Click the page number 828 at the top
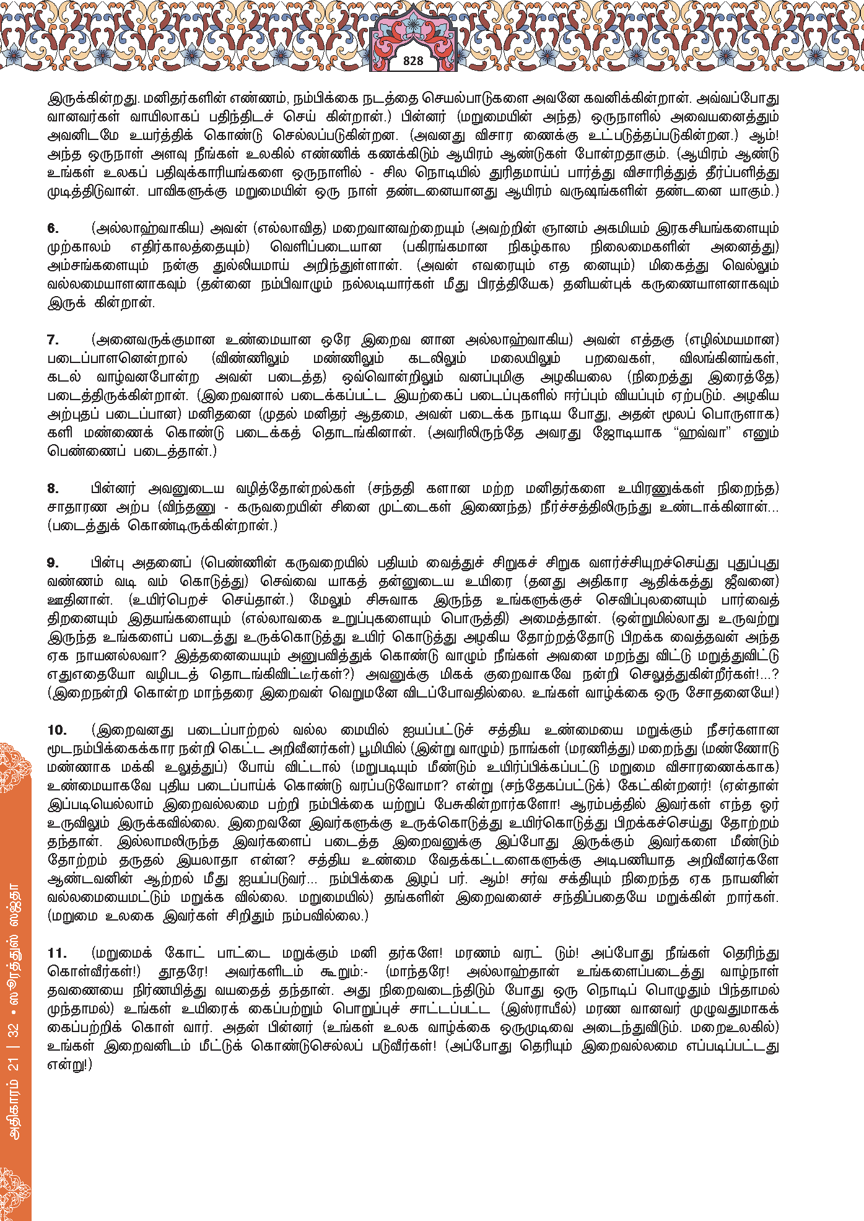[x=412, y=61]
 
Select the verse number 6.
[x=53, y=228]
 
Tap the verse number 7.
[x=53, y=339]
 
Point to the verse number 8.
[x=53, y=488]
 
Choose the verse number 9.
[x=53, y=562]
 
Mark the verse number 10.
[x=57, y=730]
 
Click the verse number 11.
[x=57, y=953]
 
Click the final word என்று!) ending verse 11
[x=69, y=1064]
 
